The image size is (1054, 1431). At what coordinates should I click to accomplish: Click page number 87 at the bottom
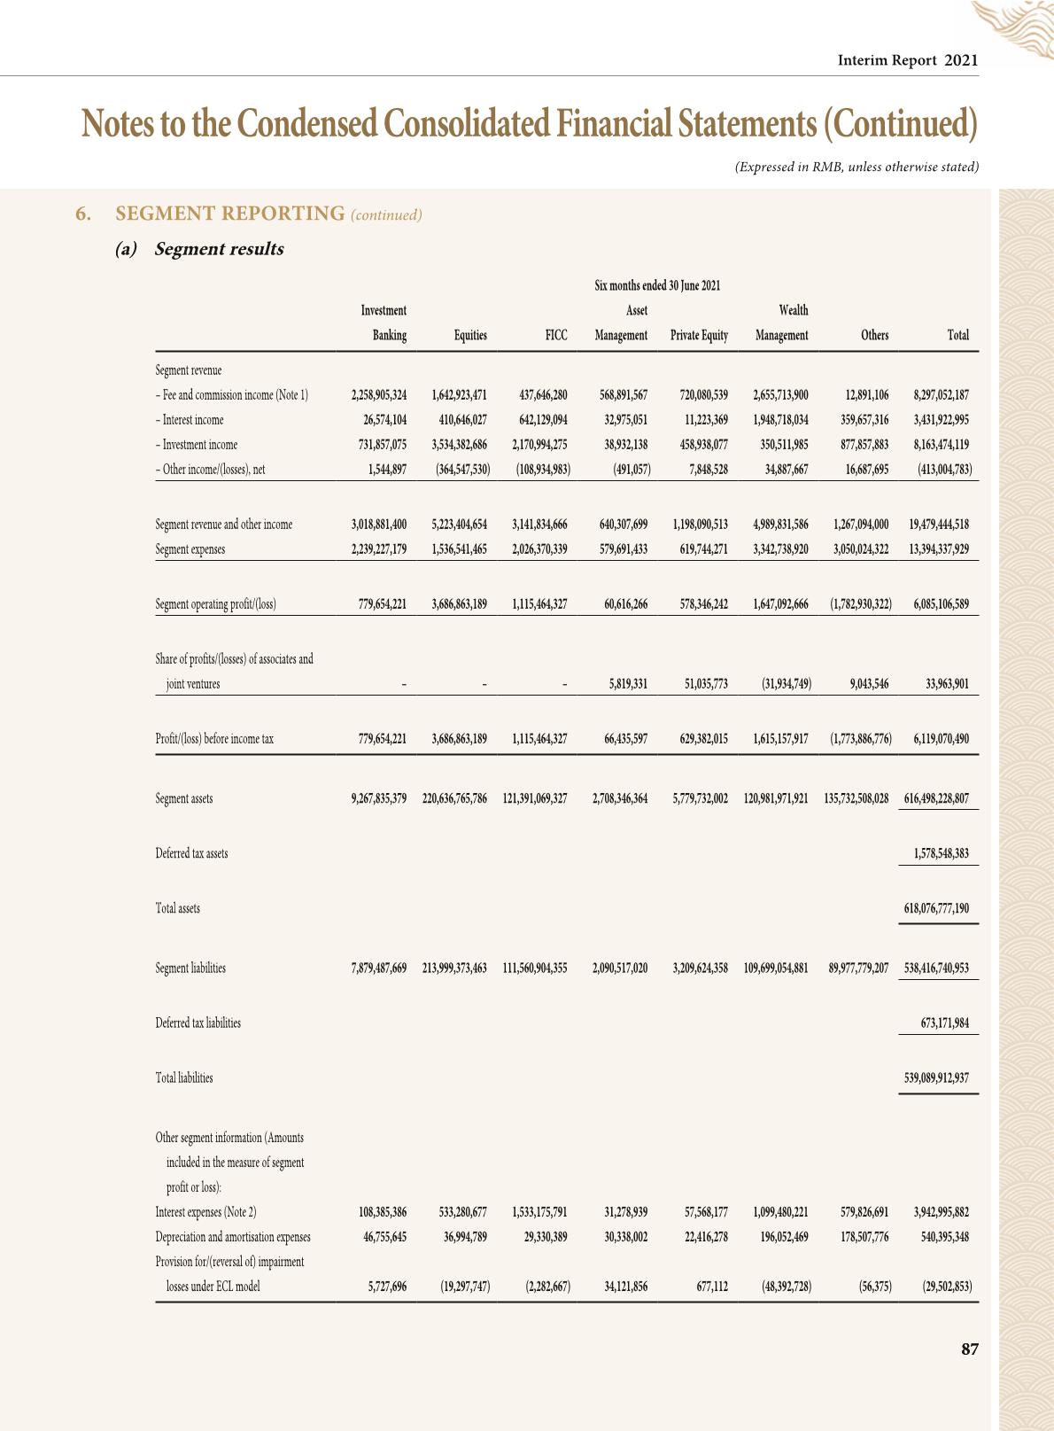pyautogui.click(x=969, y=1349)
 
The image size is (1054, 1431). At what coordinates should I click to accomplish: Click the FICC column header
pyautogui.click(x=556, y=335)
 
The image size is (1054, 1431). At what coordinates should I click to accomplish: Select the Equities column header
pyautogui.click(x=470, y=335)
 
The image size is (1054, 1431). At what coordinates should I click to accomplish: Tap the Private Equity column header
pyautogui.click(x=699, y=335)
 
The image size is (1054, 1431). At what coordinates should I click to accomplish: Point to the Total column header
pyautogui.click(x=957, y=335)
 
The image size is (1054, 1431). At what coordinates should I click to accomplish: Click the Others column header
pyautogui.click(x=874, y=335)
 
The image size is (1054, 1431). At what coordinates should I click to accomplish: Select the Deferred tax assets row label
pyautogui.click(x=191, y=853)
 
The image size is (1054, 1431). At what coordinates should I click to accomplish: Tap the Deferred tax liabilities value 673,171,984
pyautogui.click(x=944, y=1023)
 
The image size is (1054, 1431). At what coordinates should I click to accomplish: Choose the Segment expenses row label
pyautogui.click(x=190, y=549)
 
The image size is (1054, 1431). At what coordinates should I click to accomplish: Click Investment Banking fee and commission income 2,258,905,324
pyautogui.click(x=379, y=395)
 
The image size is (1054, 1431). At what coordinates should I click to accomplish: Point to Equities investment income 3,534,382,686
pyautogui.click(x=460, y=445)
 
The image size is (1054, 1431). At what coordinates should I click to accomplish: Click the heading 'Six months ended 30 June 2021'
pyautogui.click(x=657, y=285)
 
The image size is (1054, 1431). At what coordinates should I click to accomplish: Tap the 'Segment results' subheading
pyautogui.click(x=219, y=249)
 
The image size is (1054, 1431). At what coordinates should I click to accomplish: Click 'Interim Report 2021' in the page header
pyautogui.click(x=908, y=60)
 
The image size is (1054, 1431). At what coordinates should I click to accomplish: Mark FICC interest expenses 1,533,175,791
pyautogui.click(x=539, y=1212)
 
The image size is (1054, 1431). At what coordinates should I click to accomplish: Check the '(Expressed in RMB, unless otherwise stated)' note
pyautogui.click(x=856, y=167)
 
